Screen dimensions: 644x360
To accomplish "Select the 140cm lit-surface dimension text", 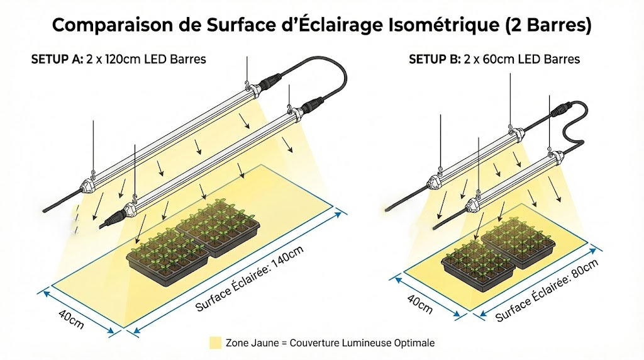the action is tap(249, 278).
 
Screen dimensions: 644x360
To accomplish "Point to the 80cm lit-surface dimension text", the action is tap(547, 291).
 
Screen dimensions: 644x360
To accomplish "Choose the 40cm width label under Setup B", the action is tap(419, 304).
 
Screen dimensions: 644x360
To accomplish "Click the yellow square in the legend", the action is tap(215, 343).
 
